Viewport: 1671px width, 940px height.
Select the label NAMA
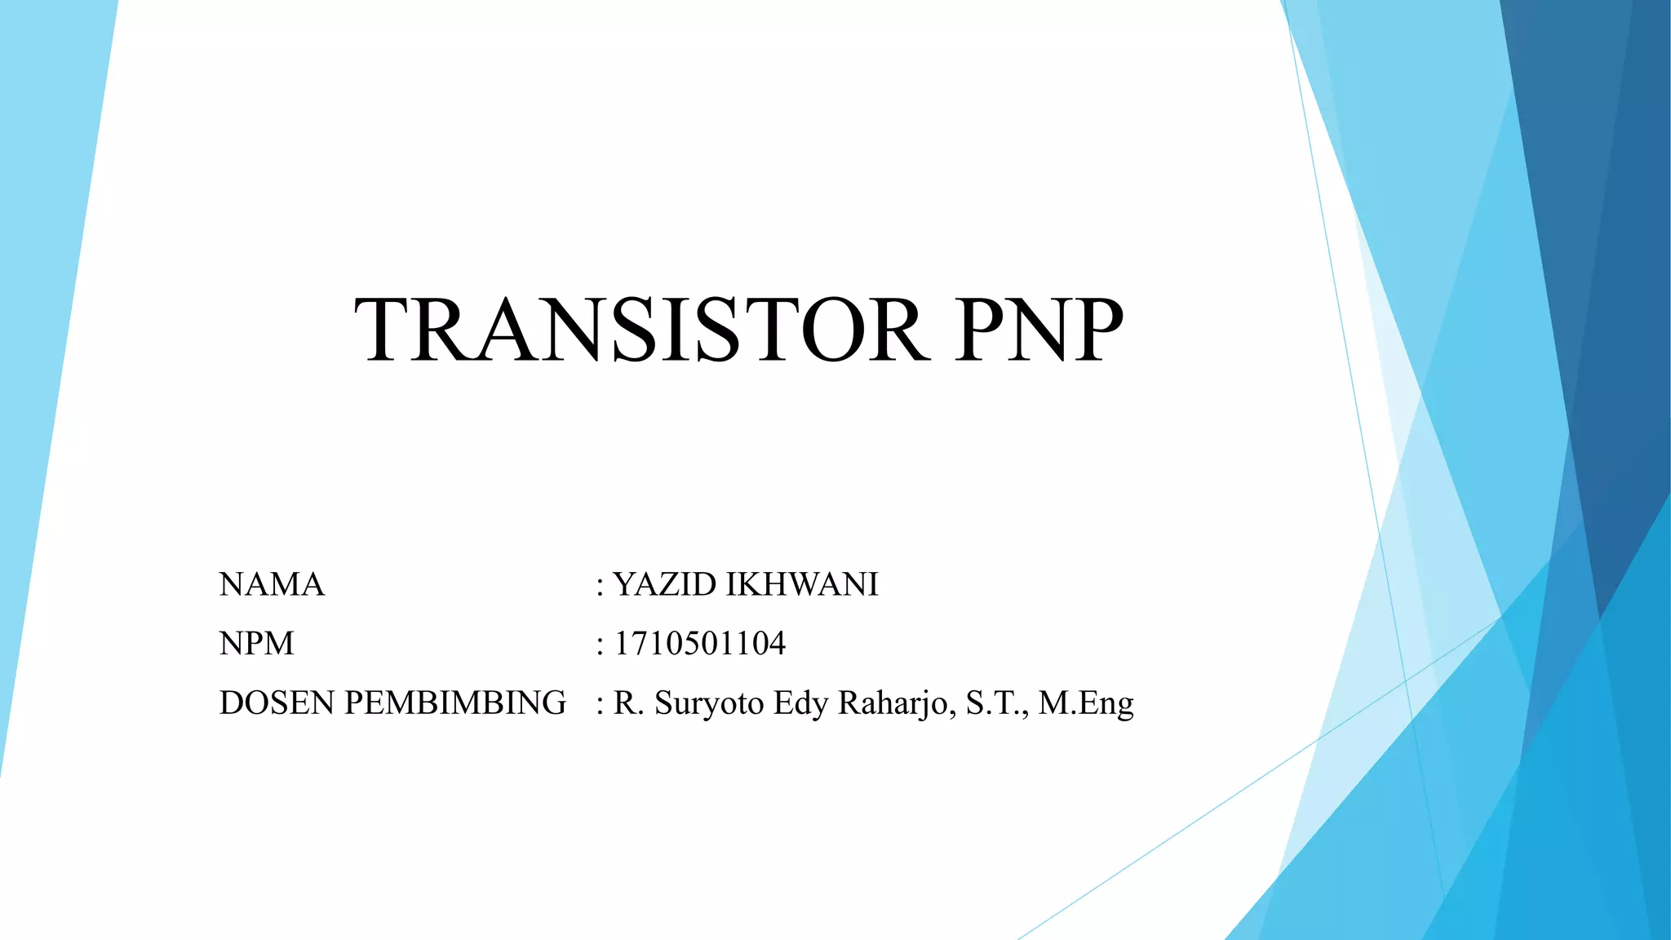pos(272,585)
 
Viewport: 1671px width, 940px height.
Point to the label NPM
pos(256,644)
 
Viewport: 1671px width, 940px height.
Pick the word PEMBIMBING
pos(454,703)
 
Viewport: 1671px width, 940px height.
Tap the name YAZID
pos(664,585)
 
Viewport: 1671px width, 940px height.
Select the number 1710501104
pos(699,644)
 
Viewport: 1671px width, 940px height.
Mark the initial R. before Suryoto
pos(627,703)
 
